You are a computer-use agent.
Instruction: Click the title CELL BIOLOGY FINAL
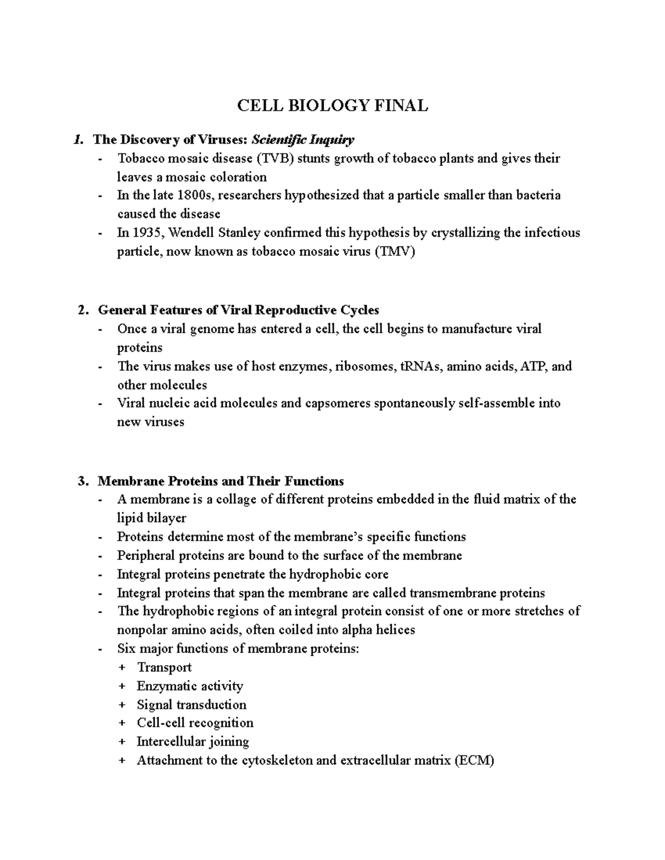(332, 105)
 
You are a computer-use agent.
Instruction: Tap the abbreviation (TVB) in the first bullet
(276, 159)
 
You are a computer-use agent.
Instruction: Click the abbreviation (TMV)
(394, 252)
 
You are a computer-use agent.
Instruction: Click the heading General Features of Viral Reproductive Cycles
(238, 310)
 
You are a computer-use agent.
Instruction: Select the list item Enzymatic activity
(190, 686)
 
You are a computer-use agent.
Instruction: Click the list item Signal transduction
(192, 705)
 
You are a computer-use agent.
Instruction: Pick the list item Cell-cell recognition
(195, 723)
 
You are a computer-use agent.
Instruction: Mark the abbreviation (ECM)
(474, 760)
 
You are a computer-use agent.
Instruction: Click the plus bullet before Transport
(122, 668)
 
